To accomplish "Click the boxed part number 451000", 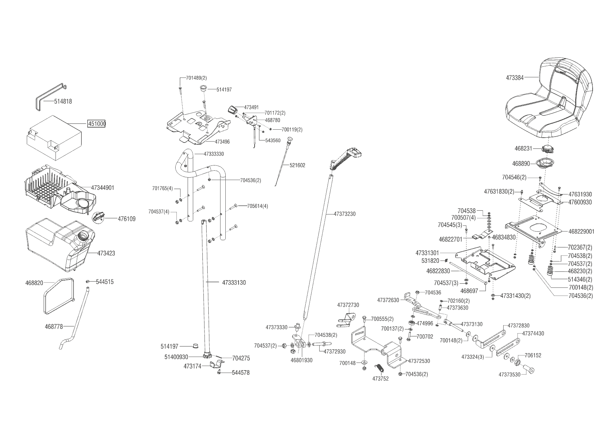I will tap(97, 124).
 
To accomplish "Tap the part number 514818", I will tap(63, 101).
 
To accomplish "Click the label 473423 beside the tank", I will tap(106, 253).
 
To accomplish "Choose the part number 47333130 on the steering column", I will tap(234, 283).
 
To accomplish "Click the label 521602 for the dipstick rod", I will tap(297, 165).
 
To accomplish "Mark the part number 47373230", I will tap(345, 214).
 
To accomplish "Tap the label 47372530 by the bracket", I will tap(419, 361).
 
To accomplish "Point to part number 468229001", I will tap(581, 231).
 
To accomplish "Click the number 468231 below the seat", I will tap(523, 148).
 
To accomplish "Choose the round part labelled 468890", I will tap(545, 163).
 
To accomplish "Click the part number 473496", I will tap(222, 142).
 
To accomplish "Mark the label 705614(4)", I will tap(258, 206).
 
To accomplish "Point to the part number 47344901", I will tap(103, 188).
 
